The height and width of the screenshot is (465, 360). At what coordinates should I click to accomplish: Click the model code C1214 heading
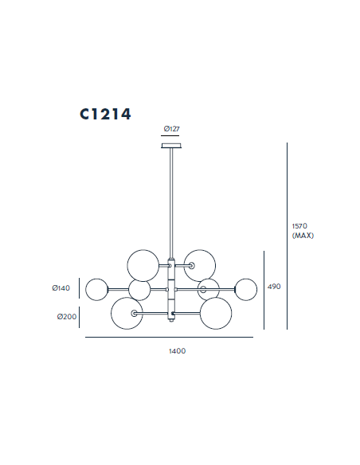click(x=105, y=114)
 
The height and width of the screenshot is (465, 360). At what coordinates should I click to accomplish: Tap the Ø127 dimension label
click(x=172, y=129)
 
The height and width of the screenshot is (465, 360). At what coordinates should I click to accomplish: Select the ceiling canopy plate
click(x=171, y=146)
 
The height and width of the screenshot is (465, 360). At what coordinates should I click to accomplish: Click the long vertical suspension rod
click(x=171, y=203)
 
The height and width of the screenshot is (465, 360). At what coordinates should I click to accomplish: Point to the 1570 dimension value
click(x=299, y=226)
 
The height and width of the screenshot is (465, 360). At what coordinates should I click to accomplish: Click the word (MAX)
click(x=303, y=236)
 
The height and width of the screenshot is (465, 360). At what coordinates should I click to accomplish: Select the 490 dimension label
click(x=274, y=287)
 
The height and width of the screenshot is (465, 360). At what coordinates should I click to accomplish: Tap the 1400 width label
click(x=178, y=351)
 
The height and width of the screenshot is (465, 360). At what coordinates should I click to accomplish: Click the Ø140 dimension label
click(x=61, y=288)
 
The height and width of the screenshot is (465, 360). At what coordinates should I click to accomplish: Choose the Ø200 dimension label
click(x=67, y=317)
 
